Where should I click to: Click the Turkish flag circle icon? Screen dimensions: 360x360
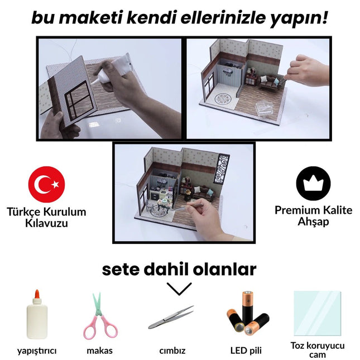point(47,184)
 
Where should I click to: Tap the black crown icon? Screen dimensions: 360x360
point(313,184)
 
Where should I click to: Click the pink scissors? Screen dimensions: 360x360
point(100,316)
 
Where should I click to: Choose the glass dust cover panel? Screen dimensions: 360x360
point(316,313)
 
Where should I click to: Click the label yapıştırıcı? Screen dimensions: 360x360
point(37,351)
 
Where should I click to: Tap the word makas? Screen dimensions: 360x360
point(100,351)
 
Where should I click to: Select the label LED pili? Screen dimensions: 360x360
point(246,351)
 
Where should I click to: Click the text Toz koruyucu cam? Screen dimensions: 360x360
point(318,350)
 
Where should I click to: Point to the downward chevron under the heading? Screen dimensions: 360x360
point(179,289)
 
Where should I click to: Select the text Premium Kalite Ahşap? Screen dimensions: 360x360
point(313,216)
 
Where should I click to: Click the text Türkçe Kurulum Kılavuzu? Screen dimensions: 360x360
point(46,217)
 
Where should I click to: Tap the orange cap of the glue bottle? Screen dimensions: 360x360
point(36,294)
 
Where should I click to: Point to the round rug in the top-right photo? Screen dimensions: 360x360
point(224,98)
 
